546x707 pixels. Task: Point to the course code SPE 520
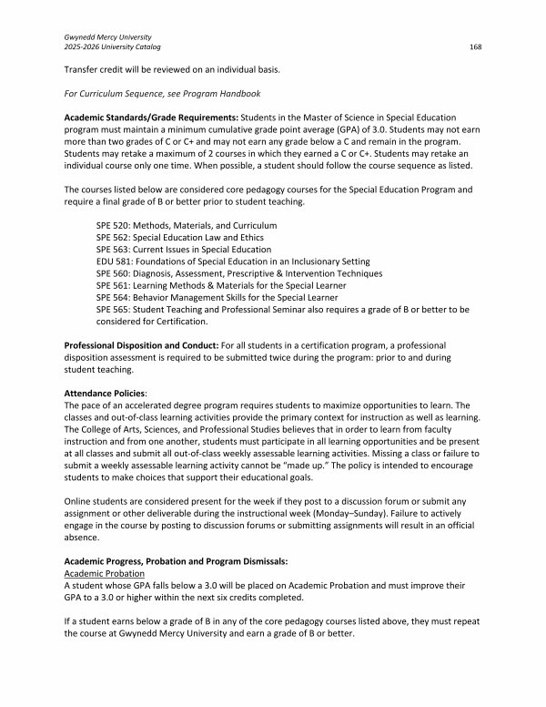113,225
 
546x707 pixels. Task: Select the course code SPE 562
113,237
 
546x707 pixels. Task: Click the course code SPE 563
113,250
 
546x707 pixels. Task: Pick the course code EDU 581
113,261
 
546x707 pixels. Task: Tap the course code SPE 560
113,273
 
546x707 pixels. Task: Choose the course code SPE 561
113,285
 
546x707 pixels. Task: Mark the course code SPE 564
113,297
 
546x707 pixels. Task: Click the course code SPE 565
113,310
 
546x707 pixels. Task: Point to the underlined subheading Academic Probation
102,576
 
